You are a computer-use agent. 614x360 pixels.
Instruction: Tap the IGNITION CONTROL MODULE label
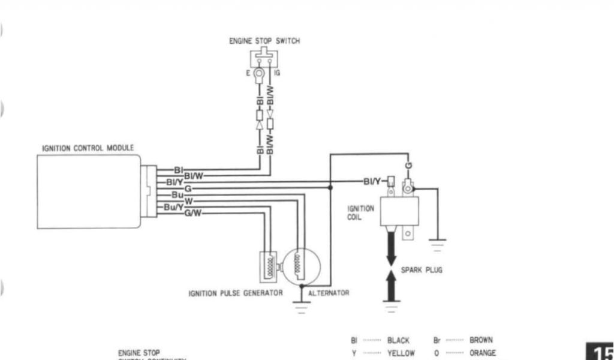point(88,148)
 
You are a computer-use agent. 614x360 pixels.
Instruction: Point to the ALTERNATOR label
point(329,293)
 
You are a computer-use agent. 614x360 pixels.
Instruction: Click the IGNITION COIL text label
point(361,212)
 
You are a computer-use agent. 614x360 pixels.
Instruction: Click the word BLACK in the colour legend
point(398,340)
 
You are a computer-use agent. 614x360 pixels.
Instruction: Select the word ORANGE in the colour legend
point(483,353)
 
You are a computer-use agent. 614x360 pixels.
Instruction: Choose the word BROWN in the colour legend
point(481,340)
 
